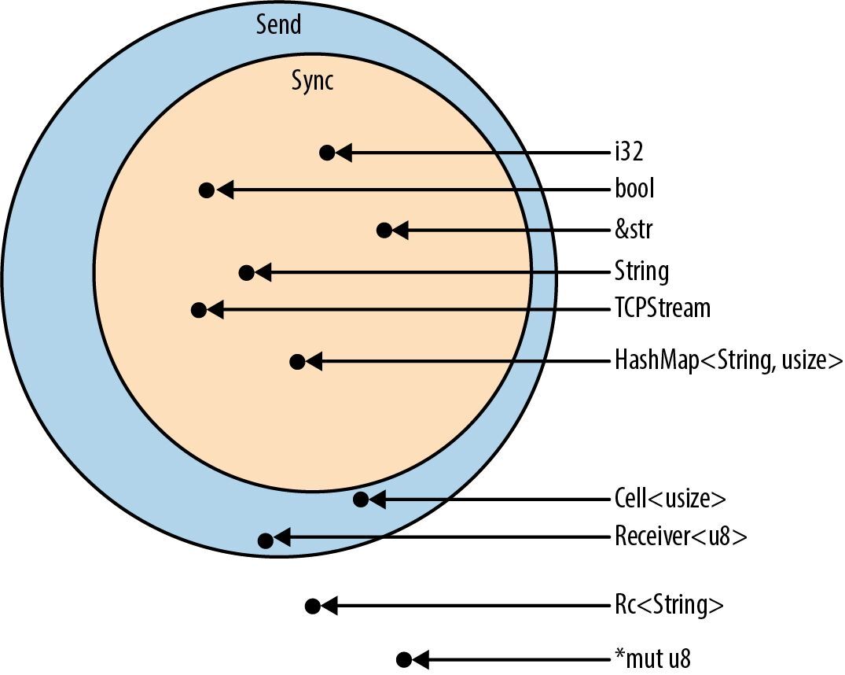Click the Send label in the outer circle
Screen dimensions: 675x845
(278, 24)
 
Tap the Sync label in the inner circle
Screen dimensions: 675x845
(312, 80)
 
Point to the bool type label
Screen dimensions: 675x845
(635, 190)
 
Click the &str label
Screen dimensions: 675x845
(634, 231)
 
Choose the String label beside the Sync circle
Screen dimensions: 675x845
(641, 272)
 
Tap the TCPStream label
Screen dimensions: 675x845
(662, 309)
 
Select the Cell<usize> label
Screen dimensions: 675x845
(670, 499)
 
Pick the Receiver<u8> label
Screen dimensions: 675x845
(680, 538)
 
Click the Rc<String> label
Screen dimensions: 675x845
(668, 606)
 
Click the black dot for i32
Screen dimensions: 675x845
(328, 153)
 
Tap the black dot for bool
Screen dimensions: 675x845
(207, 190)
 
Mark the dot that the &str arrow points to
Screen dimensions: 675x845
(384, 231)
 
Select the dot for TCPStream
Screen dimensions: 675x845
(198, 310)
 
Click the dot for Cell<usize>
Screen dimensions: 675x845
(361, 499)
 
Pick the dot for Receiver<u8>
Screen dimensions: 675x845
(266, 540)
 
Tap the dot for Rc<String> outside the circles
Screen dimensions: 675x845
(312, 607)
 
